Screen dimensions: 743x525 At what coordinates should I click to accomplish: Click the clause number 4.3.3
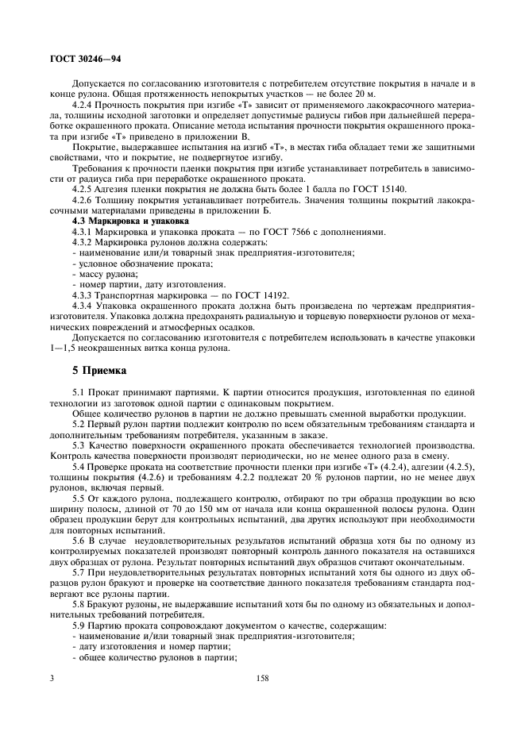pyautogui.click(x=84, y=294)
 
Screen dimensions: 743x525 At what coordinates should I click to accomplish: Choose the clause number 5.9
pyautogui.click(x=79, y=626)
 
